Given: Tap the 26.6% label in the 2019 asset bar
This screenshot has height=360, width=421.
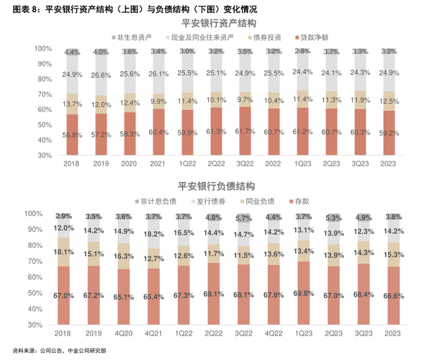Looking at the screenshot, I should coord(102,75).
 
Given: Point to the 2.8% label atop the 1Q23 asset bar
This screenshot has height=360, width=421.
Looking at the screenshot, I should coord(303,52).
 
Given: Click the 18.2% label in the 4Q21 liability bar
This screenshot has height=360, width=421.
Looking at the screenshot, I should coord(153,234).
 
